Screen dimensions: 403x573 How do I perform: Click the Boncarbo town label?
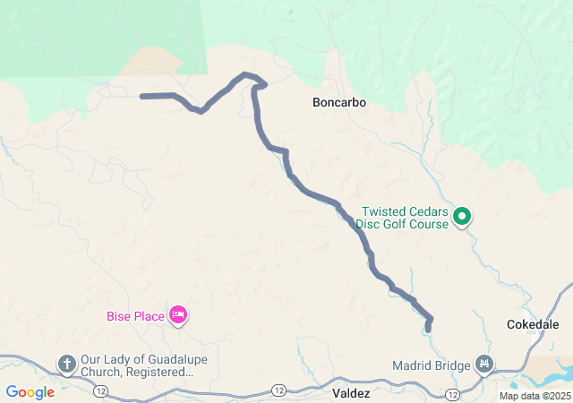[339, 103]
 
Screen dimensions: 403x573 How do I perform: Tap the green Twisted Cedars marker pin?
[462, 215]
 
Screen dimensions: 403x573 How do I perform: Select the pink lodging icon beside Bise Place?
[178, 314]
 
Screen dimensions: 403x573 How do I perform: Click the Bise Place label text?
[134, 315]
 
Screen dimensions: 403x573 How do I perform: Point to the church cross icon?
[66, 364]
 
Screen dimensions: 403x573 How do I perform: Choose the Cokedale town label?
[533, 324]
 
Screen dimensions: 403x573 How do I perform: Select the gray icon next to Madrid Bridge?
[485, 364]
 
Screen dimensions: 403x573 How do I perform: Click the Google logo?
[30, 392]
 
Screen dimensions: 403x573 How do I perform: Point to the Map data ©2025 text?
[535, 396]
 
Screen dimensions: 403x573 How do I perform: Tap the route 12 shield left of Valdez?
[279, 390]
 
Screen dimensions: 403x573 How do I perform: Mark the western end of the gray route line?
[143, 96]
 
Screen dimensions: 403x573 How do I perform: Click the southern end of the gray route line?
[428, 330]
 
